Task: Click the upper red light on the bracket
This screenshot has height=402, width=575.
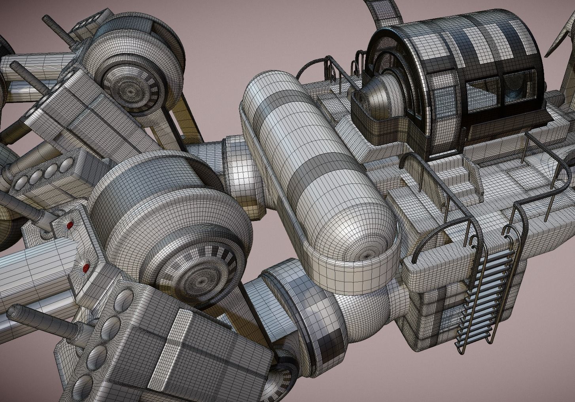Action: point(70,225)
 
